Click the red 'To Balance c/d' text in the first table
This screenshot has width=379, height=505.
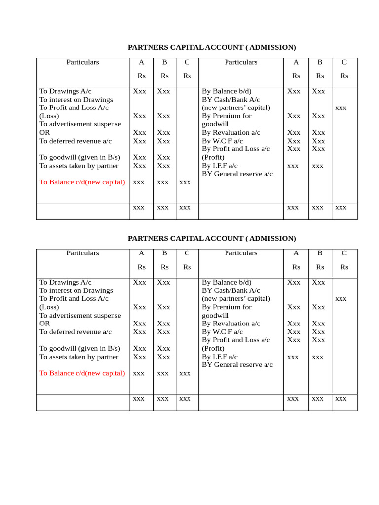pos(82,182)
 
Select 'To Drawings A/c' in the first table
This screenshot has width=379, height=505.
pos(65,91)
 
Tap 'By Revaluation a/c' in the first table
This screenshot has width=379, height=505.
pos(230,133)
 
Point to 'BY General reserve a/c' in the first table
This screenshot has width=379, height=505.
pos(237,174)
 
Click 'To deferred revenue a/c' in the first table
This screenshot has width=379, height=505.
pos(76,141)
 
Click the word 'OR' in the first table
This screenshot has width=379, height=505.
pos(45,133)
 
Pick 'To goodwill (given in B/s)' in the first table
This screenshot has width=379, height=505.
pos(80,157)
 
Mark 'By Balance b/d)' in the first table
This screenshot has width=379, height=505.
pos(227,91)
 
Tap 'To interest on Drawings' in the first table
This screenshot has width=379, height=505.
pos(76,100)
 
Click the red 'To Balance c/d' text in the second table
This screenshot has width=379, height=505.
pos(82,373)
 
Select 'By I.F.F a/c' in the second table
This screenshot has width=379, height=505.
pos(220,357)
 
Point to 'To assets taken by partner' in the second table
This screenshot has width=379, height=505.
pos(79,357)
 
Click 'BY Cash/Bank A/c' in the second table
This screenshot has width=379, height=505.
pos(230,291)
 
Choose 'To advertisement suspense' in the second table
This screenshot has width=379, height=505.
pos(80,316)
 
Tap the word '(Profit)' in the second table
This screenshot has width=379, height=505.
pos(213,349)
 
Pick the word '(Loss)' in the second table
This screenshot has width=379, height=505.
pos(49,307)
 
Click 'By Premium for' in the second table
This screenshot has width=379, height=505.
pos(227,307)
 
